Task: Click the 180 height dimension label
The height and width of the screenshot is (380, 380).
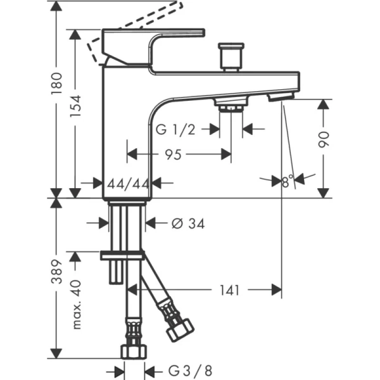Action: pyautogui.click(x=58, y=80)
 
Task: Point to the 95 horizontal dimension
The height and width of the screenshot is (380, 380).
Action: pyautogui.click(x=180, y=153)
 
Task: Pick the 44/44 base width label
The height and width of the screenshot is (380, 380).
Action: pyautogui.click(x=128, y=183)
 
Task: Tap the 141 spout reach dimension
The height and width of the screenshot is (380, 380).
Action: pyautogui.click(x=231, y=290)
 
